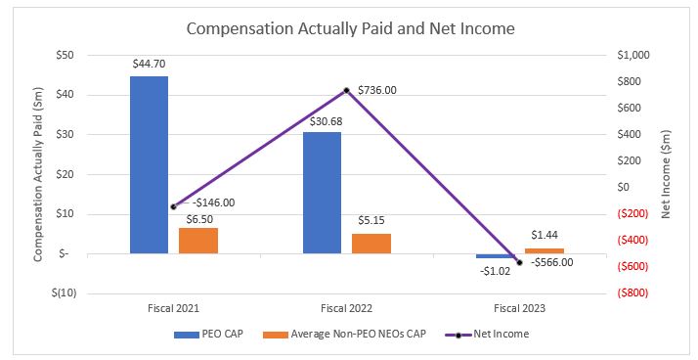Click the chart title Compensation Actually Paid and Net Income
point(350,28)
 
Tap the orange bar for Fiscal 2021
point(197,241)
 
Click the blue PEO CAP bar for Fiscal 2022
point(322,193)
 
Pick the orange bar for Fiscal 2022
point(371,244)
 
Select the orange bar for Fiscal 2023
point(545,250)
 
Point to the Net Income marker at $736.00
point(346,90)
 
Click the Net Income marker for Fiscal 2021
point(173,206)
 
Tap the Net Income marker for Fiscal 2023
point(519,262)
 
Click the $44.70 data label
point(149,64)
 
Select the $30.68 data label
point(322,120)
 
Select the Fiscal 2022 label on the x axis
point(346,307)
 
